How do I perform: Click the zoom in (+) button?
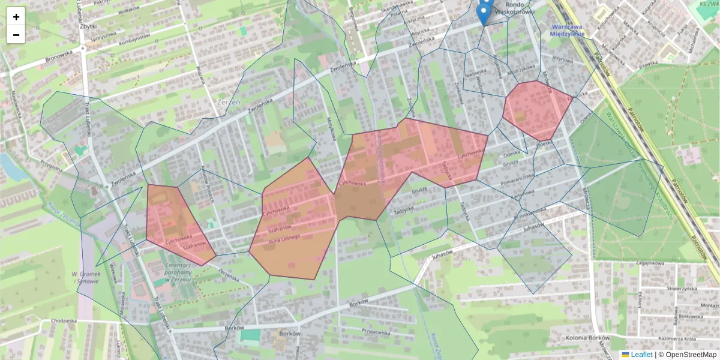(x=16, y=17)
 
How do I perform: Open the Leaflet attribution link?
(x=637, y=355)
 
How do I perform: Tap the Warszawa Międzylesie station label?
(x=567, y=31)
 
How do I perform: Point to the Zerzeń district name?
(x=227, y=103)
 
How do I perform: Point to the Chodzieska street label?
(x=63, y=321)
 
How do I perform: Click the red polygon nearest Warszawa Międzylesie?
(x=537, y=110)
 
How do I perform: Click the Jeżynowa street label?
(x=563, y=59)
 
